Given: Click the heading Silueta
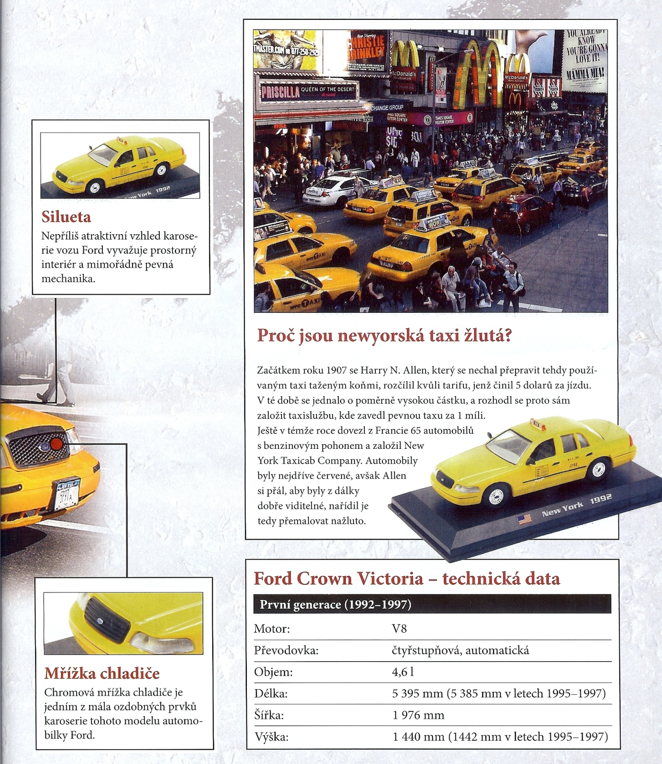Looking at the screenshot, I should pyautogui.click(x=66, y=217).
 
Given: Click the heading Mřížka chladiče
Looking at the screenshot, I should pyautogui.click(x=102, y=673).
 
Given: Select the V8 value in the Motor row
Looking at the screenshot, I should pyautogui.click(x=399, y=629).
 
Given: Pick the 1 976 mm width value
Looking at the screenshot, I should pyautogui.click(x=418, y=715).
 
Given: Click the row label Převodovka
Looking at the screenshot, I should pyautogui.click(x=286, y=650).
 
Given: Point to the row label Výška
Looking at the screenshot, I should pyautogui.click(x=271, y=737).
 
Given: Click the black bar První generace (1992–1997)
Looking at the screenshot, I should pyautogui.click(x=432, y=604).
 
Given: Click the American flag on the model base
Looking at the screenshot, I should pyautogui.click(x=524, y=519).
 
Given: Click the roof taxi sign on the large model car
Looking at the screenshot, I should pyautogui.click(x=537, y=424).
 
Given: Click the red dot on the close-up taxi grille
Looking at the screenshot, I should pyautogui.click(x=56, y=444).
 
